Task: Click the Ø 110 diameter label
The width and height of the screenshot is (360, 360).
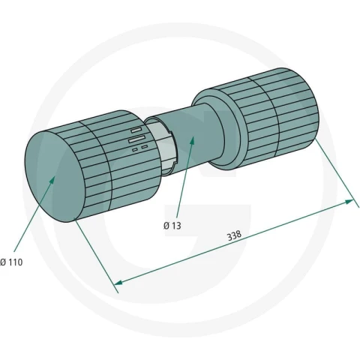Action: click(x=11, y=262)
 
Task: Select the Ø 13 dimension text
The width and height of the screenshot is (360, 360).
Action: click(x=172, y=226)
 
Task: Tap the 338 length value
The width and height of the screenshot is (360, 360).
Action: click(x=234, y=235)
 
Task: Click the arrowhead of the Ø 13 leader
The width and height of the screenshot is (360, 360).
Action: click(x=192, y=142)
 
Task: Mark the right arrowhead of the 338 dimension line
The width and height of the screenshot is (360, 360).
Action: click(x=349, y=202)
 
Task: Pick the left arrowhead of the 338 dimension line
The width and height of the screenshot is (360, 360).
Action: click(x=118, y=283)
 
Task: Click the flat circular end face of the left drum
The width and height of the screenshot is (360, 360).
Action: click(x=55, y=176)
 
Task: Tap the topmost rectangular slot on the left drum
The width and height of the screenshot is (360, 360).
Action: click(x=137, y=130)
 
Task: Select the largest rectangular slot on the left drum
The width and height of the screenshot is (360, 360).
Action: click(x=137, y=139)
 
